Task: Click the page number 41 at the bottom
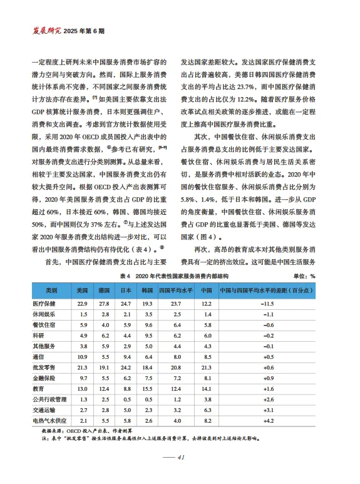click(180, 458)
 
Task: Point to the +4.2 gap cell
click(269, 420)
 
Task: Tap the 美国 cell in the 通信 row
click(82, 356)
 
